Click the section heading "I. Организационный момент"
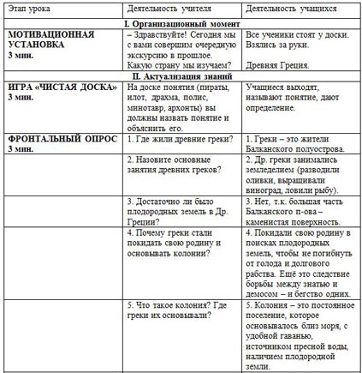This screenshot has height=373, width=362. [181, 18]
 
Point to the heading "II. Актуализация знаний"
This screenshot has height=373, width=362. [181, 76]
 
